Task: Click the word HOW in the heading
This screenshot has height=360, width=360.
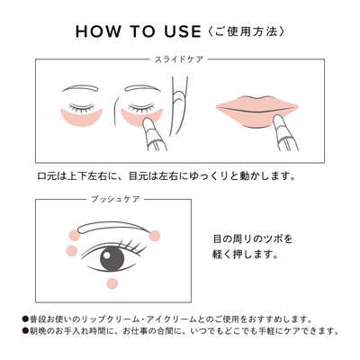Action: click(x=98, y=31)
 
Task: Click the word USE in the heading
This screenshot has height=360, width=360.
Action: click(x=183, y=31)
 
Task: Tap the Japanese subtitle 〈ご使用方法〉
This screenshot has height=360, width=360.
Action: click(x=246, y=31)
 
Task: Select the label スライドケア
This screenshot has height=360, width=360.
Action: click(x=179, y=59)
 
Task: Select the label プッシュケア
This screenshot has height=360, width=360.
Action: click(x=115, y=199)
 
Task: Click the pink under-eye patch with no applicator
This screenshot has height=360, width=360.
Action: click(x=81, y=118)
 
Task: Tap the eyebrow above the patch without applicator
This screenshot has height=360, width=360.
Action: click(x=82, y=88)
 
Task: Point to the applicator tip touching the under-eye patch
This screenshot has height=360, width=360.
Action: click(x=147, y=121)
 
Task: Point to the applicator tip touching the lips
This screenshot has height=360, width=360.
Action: click(x=278, y=119)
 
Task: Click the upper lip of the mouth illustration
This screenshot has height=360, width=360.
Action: click(x=257, y=103)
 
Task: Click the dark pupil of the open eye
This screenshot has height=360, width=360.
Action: click(x=111, y=257)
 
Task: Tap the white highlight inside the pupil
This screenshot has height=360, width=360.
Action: click(x=106, y=255)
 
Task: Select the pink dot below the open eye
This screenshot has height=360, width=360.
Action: click(x=112, y=283)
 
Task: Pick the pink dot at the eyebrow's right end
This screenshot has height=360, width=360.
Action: click(x=155, y=235)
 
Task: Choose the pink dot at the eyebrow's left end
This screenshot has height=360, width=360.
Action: click(x=74, y=235)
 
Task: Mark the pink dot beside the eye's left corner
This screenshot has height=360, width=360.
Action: click(x=71, y=250)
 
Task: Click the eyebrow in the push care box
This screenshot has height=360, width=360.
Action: click(x=114, y=227)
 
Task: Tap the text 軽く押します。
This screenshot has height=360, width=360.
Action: click(x=245, y=255)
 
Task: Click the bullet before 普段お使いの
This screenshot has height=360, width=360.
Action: click(x=25, y=319)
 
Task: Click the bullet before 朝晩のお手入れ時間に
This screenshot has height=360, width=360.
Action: click(x=25, y=331)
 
